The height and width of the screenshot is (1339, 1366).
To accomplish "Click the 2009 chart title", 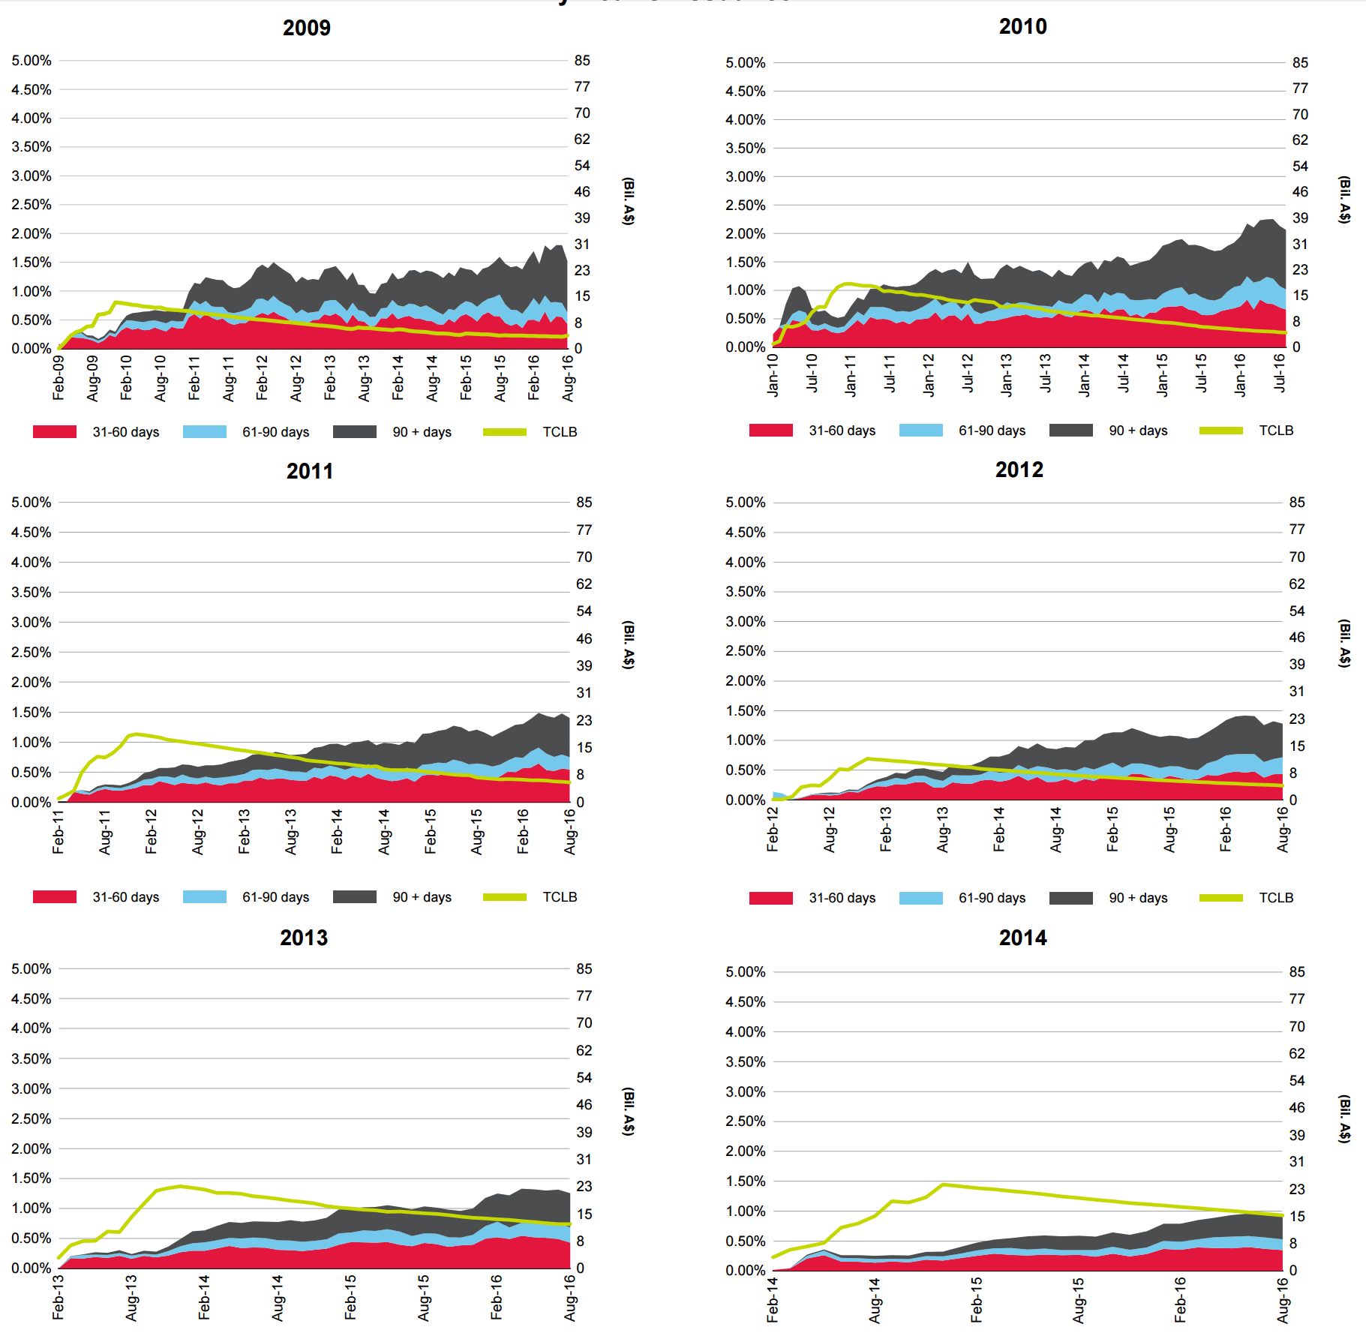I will tap(306, 28).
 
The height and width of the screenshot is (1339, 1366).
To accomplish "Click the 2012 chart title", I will tap(1019, 470).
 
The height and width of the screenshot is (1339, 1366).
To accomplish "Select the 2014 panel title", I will tap(1022, 938).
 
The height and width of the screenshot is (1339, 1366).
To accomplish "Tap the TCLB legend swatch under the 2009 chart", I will tap(504, 432).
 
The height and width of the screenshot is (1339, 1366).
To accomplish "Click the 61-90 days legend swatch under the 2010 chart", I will tap(920, 431).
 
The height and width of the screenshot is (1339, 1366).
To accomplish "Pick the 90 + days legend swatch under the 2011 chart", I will tap(354, 897).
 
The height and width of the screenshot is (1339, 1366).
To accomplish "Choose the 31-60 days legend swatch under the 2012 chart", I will tap(770, 898).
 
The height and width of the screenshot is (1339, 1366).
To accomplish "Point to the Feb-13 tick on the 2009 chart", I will tap(330, 377).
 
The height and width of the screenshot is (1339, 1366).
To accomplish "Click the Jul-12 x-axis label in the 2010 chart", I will tap(968, 374).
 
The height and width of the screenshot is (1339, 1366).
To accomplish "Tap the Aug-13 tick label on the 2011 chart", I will tap(291, 832).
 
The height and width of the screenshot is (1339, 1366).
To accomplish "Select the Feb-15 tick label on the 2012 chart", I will tap(1112, 830).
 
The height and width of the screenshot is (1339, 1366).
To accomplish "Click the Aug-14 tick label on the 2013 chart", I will tap(278, 1298).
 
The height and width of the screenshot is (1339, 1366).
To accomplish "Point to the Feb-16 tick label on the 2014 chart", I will tap(1180, 1300).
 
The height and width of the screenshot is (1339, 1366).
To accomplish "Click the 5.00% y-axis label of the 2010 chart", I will tap(745, 63).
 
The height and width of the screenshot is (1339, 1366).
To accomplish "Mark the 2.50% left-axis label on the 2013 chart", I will tap(31, 1118).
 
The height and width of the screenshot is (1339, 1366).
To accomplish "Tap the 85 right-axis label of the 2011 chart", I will tap(584, 503).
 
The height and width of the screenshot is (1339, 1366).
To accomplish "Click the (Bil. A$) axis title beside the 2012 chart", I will tap(1345, 643).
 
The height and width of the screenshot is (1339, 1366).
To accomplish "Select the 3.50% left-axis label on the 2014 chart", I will tap(745, 1061).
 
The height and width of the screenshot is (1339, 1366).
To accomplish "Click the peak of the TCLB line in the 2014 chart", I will tap(943, 1185).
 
